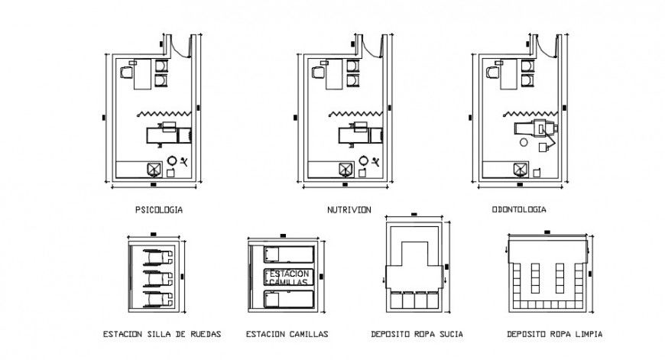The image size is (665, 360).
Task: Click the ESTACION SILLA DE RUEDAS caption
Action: [162, 335]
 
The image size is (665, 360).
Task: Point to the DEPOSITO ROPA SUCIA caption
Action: [417, 335]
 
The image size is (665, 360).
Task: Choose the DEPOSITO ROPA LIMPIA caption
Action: [554, 335]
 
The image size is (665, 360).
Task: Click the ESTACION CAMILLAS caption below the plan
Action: [287, 335]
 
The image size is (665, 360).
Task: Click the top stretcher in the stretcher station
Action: [288, 254]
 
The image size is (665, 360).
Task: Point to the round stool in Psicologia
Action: [173, 161]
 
